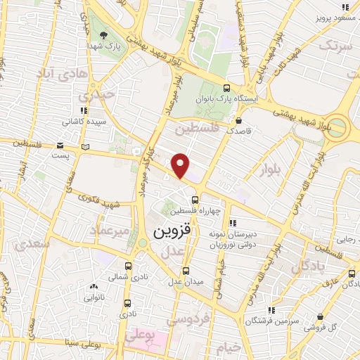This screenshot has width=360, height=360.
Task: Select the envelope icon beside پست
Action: click(x=85, y=147)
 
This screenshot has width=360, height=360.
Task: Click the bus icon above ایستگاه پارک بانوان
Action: click(x=226, y=88)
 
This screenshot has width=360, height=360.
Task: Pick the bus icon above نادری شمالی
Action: click(x=127, y=266)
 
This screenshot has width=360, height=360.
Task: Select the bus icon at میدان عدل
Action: click(x=186, y=271)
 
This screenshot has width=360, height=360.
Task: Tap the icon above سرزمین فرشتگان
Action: click(x=271, y=310)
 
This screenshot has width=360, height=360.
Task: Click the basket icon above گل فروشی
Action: click(x=322, y=317)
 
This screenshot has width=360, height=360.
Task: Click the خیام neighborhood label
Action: click(x=229, y=347)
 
